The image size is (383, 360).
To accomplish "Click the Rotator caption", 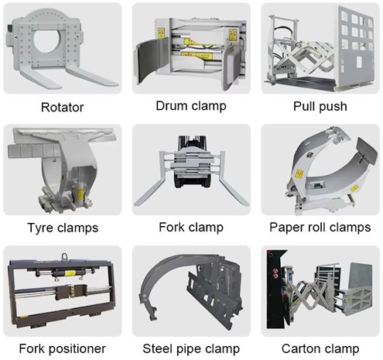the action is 63,107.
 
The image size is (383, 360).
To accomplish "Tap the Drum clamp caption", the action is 191,106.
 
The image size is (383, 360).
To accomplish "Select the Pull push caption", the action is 320,106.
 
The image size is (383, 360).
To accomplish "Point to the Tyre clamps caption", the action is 63,228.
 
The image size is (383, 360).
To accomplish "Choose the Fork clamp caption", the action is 191,227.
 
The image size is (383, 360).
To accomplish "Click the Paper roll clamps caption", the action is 320,228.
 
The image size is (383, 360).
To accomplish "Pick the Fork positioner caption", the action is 63,348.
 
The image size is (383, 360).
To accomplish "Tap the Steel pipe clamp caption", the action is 191,348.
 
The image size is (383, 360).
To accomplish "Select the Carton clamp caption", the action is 320,348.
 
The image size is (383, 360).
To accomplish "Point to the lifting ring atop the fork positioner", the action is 63,257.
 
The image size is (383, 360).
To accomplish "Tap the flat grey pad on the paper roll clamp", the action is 366,151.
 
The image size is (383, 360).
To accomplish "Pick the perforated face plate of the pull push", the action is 354,46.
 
